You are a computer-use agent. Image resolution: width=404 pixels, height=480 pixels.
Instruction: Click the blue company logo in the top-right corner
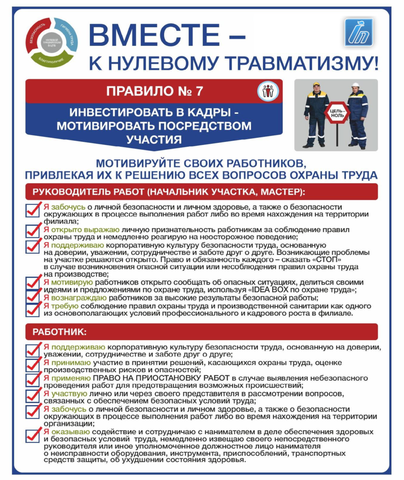pos(358,32)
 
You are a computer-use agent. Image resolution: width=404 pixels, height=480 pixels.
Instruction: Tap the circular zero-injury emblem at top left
pos(51,41)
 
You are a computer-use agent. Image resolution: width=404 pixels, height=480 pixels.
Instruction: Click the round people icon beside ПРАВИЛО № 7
pos(268,91)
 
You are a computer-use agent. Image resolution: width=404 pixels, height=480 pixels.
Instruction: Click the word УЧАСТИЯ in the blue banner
pos(154,139)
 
